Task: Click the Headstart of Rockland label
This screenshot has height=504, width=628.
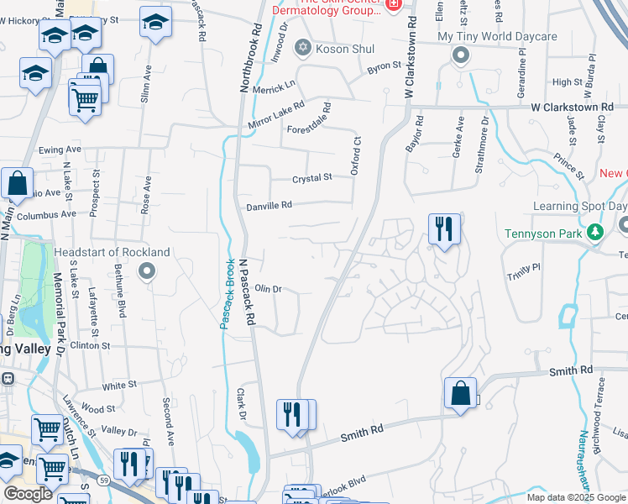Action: point(112,252)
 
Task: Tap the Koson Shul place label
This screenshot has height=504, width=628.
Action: point(344,49)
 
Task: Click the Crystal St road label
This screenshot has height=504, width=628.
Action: point(312,178)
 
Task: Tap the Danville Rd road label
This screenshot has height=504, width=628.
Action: point(269,205)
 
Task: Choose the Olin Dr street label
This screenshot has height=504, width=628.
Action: point(267,288)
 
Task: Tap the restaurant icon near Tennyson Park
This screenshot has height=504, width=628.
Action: point(444,228)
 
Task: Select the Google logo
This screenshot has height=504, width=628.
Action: point(28,494)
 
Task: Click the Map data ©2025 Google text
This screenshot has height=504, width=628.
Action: point(576,497)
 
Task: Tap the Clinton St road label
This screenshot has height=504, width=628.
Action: point(90,345)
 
